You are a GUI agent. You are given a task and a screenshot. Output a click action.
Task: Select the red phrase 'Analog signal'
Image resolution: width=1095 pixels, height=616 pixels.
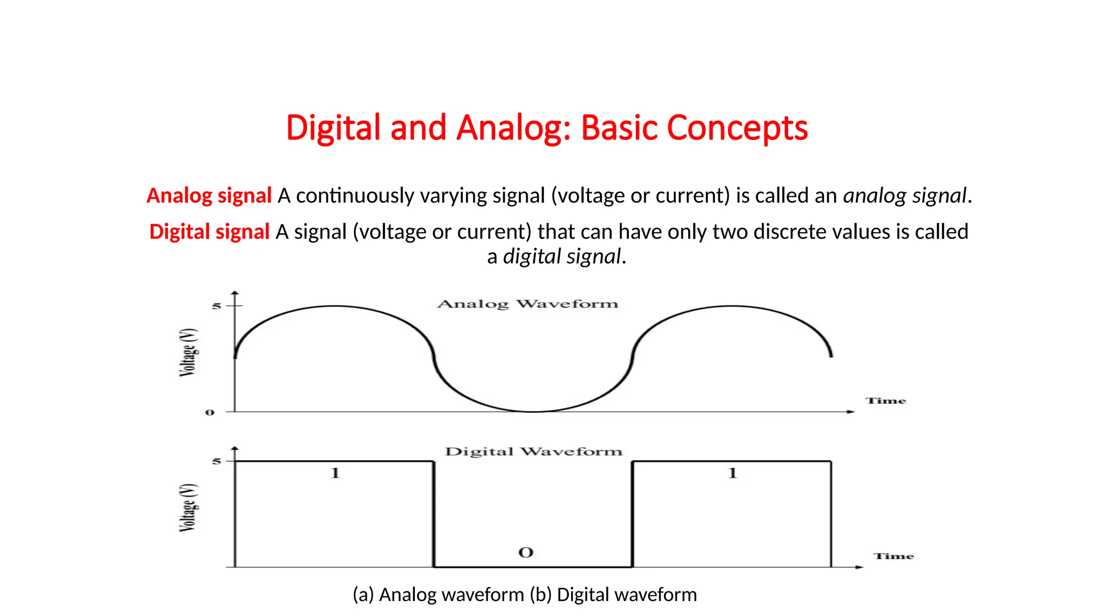coord(209,196)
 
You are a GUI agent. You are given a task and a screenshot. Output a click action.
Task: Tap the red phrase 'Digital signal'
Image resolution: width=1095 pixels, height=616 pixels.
coord(209,232)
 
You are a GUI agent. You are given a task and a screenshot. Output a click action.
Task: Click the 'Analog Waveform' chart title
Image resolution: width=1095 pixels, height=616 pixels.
coord(528,304)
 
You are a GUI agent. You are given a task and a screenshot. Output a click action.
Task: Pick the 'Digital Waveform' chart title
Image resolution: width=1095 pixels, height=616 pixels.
coord(534,452)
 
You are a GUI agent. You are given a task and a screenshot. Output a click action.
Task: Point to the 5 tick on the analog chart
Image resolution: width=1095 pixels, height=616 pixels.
coord(216,306)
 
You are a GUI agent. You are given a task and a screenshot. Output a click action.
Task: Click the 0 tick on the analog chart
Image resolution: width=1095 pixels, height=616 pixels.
coord(210,412)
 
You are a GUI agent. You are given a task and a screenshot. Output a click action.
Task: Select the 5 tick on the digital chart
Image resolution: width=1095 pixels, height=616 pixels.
coord(216,461)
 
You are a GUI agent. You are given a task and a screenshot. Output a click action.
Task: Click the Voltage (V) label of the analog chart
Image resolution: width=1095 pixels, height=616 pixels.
coord(188,352)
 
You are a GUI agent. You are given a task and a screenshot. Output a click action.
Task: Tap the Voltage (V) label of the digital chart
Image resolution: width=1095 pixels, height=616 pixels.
coord(188,507)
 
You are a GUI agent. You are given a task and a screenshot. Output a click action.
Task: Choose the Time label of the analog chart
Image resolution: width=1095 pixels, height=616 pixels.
coord(885,401)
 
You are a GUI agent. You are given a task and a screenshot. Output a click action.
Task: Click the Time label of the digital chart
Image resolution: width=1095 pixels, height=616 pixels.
coord(893,556)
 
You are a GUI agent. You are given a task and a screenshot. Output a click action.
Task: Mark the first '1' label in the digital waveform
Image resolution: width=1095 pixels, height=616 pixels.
coord(335,473)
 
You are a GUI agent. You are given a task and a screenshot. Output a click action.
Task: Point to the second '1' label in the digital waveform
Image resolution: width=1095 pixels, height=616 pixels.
coord(732,473)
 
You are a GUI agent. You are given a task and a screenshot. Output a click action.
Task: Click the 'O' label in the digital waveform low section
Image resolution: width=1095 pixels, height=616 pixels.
coord(526,552)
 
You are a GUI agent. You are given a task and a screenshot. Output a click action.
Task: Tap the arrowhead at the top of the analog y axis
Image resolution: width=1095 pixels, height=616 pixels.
coord(235,294)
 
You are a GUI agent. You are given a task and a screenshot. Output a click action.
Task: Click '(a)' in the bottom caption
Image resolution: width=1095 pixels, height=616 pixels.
coord(363,595)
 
